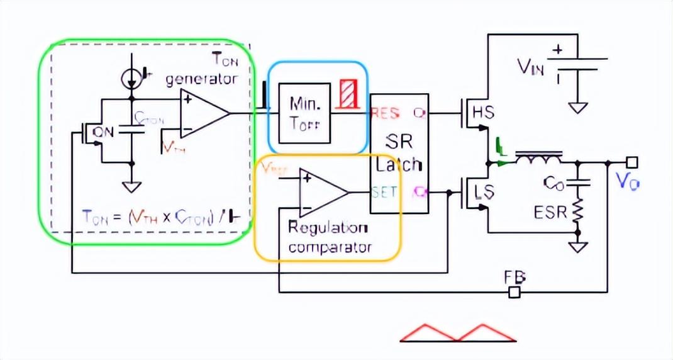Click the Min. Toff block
click(304, 113)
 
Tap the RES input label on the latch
click(385, 114)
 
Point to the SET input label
click(384, 191)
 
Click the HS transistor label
click(484, 113)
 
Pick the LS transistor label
click(484, 192)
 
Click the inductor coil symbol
click(538, 158)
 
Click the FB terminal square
click(514, 292)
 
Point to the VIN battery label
click(530, 65)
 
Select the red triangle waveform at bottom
click(458, 333)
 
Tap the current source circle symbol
click(131, 77)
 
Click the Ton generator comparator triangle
click(203, 113)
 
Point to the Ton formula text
click(161, 217)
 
